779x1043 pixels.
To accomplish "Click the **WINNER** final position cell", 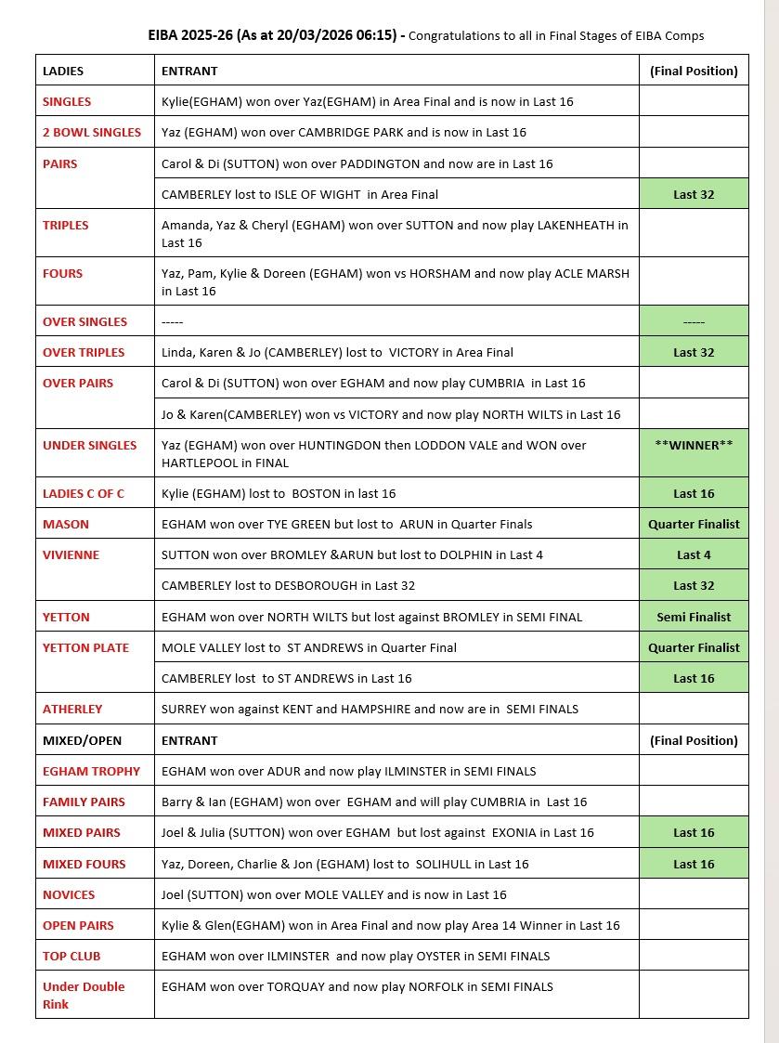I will pos(694,445).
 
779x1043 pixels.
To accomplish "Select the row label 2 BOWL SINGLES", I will pos(92,132).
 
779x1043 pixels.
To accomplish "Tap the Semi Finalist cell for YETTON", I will pos(694,617).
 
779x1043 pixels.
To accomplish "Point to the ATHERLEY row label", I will pos(72,709).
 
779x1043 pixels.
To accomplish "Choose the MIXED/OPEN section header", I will pos(82,740).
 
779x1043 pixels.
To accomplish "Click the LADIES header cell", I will pos(63,71).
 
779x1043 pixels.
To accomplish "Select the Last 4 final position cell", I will pos(694,554).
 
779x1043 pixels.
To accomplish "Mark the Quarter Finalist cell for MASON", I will pos(694,524).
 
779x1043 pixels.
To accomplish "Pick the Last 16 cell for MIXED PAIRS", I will pos(694,832).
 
